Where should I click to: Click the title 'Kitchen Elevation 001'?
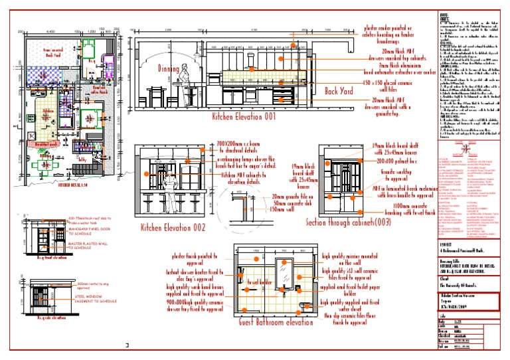(243, 117)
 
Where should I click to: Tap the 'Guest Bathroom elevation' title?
(275, 321)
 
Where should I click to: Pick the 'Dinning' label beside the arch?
(169, 68)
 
